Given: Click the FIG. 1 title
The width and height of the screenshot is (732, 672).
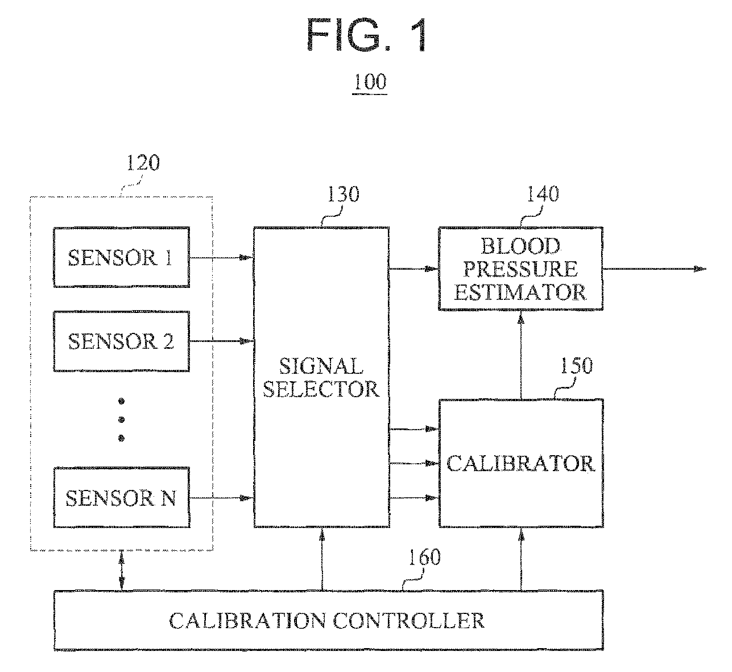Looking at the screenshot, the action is [x=367, y=35].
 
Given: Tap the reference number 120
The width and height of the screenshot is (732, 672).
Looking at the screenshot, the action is [x=143, y=163].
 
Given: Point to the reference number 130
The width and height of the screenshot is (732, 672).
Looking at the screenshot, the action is [x=343, y=194].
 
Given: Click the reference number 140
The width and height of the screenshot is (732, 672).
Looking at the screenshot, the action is [x=543, y=194].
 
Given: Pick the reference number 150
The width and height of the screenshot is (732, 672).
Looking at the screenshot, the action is [x=577, y=365].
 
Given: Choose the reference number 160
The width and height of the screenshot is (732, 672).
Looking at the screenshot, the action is [x=424, y=557].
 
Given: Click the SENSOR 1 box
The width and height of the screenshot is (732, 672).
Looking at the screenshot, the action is [x=122, y=258].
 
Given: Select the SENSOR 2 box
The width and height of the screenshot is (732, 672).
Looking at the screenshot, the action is [x=122, y=341].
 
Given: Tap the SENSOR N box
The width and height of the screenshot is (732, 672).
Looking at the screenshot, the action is [x=122, y=497].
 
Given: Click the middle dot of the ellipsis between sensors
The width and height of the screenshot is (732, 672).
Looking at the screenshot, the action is [x=122, y=419].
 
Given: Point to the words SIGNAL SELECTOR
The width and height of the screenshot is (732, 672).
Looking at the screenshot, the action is [x=321, y=377].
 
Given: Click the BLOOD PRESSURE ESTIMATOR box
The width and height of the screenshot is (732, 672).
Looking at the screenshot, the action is [x=521, y=269].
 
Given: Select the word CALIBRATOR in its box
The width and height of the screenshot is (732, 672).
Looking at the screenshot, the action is [x=521, y=464].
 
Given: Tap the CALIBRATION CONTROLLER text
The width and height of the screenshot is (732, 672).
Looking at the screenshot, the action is [x=327, y=620].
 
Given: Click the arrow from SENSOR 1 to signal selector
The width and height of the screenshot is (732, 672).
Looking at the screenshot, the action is [x=222, y=258].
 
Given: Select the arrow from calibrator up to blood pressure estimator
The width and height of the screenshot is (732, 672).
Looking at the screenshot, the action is [x=521, y=355].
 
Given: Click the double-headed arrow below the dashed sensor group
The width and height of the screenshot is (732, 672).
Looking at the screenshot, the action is [x=122, y=571].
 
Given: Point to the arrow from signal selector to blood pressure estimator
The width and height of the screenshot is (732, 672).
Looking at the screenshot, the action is [x=414, y=269].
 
